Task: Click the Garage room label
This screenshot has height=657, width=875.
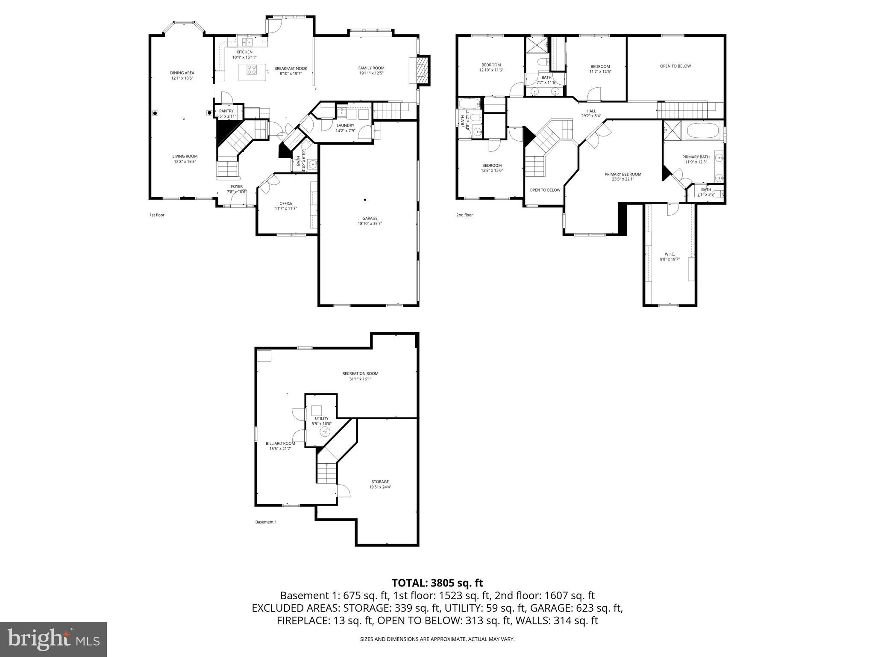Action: pyautogui.click(x=370, y=218)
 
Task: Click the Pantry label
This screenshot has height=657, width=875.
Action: pyautogui.click(x=226, y=111)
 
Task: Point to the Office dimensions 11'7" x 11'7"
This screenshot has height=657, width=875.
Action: pyautogui.click(x=286, y=209)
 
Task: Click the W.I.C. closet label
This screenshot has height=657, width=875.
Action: pyautogui.click(x=669, y=254)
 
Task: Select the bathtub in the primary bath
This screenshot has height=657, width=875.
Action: pyautogui.click(x=703, y=131)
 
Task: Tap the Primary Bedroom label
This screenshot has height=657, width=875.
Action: pyautogui.click(x=622, y=174)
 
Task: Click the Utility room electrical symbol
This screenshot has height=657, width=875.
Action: pyautogui.click(x=326, y=432)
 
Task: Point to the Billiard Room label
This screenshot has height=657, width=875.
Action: pyautogui.click(x=280, y=444)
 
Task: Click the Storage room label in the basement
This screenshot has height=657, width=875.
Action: pyautogui.click(x=380, y=482)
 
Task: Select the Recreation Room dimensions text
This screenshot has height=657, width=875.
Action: pyautogui.click(x=360, y=379)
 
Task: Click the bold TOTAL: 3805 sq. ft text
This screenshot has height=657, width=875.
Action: pyautogui.click(x=437, y=583)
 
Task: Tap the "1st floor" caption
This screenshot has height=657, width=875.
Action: pyautogui.click(x=157, y=215)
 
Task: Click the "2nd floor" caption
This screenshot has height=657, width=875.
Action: pyautogui.click(x=464, y=215)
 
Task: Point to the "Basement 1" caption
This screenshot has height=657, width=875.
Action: pyautogui.click(x=266, y=522)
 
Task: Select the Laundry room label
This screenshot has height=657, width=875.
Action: pyautogui.click(x=345, y=125)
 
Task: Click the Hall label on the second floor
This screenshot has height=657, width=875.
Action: pyautogui.click(x=591, y=111)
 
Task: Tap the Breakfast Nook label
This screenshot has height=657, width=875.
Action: pyautogui.click(x=291, y=68)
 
